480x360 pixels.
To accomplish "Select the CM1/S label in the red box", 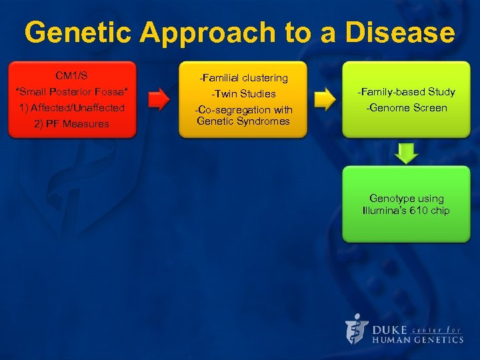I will [x=71, y=75].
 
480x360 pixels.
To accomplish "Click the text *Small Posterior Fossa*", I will [x=71, y=91].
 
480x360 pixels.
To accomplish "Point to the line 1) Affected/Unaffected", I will [x=71, y=107].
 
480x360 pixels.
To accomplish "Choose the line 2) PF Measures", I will [x=71, y=123].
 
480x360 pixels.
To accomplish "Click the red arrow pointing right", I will [x=158, y=100].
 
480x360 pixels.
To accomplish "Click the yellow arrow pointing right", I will [x=325, y=100].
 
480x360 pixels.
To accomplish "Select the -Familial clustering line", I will [x=243, y=78].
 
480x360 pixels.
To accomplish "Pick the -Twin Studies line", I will [x=243, y=94].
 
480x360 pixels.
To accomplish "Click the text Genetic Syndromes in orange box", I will [x=243, y=121].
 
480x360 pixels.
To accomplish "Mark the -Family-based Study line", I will [x=406, y=91].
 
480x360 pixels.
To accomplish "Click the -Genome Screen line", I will [x=406, y=107].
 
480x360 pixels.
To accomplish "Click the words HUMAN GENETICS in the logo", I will [x=417, y=339].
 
